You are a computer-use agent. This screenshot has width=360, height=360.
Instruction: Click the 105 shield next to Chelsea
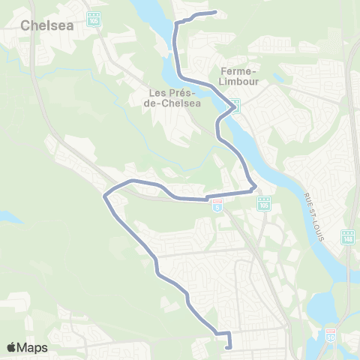[93, 19]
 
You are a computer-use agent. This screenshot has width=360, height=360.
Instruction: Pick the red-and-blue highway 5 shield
[217, 205]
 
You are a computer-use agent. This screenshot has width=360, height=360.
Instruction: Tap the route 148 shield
[347, 237]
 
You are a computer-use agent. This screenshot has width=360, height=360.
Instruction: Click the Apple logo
[12, 347]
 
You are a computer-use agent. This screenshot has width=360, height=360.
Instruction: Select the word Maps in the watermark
[34, 347]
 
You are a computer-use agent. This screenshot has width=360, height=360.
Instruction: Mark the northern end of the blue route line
[216, 12]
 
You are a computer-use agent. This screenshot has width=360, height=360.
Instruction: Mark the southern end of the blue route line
[227, 346]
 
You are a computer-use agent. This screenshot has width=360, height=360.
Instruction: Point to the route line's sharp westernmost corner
[103, 196]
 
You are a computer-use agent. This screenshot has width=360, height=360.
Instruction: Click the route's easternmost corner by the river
[256, 187]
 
